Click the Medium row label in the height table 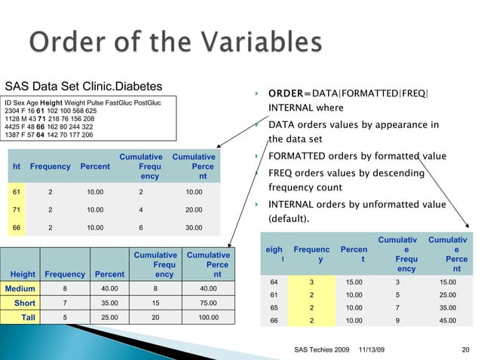pyautogui.click(x=20, y=288)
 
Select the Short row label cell pyautogui.click(x=23, y=303)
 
